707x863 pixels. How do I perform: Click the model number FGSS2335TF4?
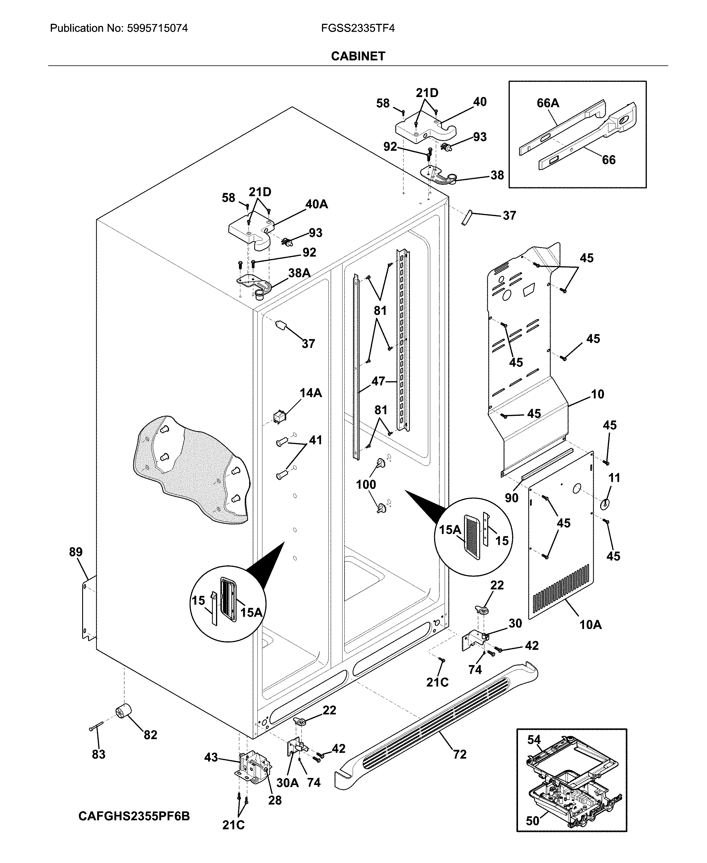tap(357, 28)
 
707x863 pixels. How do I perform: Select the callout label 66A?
tap(548, 103)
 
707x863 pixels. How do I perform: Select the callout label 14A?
tap(311, 393)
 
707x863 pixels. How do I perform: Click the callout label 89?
tap(76, 552)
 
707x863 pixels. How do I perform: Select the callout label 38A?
tap(299, 273)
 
